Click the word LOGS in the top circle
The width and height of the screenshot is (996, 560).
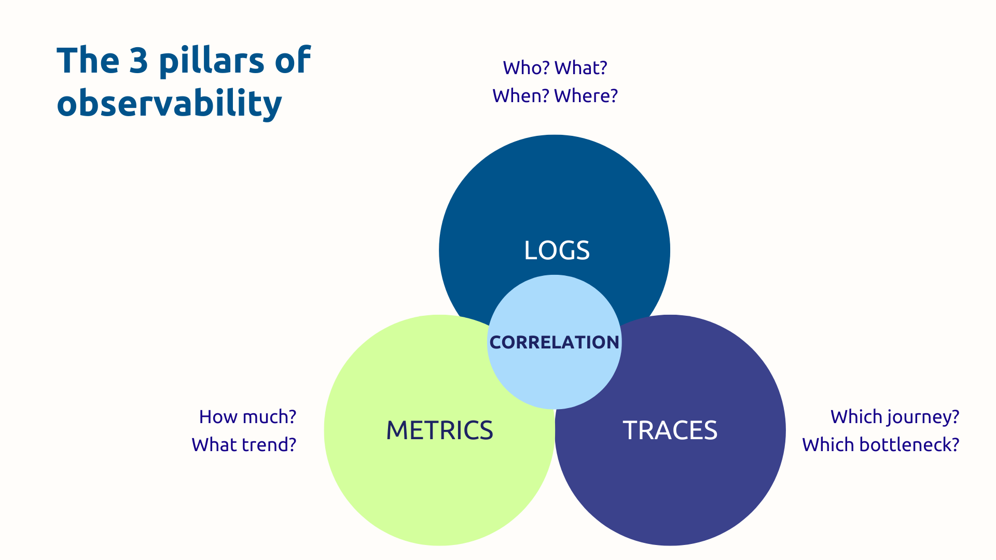pos(557,250)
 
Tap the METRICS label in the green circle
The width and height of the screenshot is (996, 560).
pos(439,430)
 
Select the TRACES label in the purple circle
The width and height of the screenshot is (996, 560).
pos(670,430)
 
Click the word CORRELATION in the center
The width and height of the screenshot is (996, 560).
pos(554,342)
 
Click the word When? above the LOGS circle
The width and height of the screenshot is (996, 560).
pos(520,96)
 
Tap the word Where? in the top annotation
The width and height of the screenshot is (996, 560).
pos(586,96)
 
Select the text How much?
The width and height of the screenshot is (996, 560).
pos(247,417)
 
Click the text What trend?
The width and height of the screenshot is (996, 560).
pos(244,445)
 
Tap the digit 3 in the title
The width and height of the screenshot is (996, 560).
pos(139,61)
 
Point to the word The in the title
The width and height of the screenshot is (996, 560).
pos(88,61)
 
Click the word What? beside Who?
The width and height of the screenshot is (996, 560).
pos(580,68)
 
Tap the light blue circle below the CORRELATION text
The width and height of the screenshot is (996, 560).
pos(554,381)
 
